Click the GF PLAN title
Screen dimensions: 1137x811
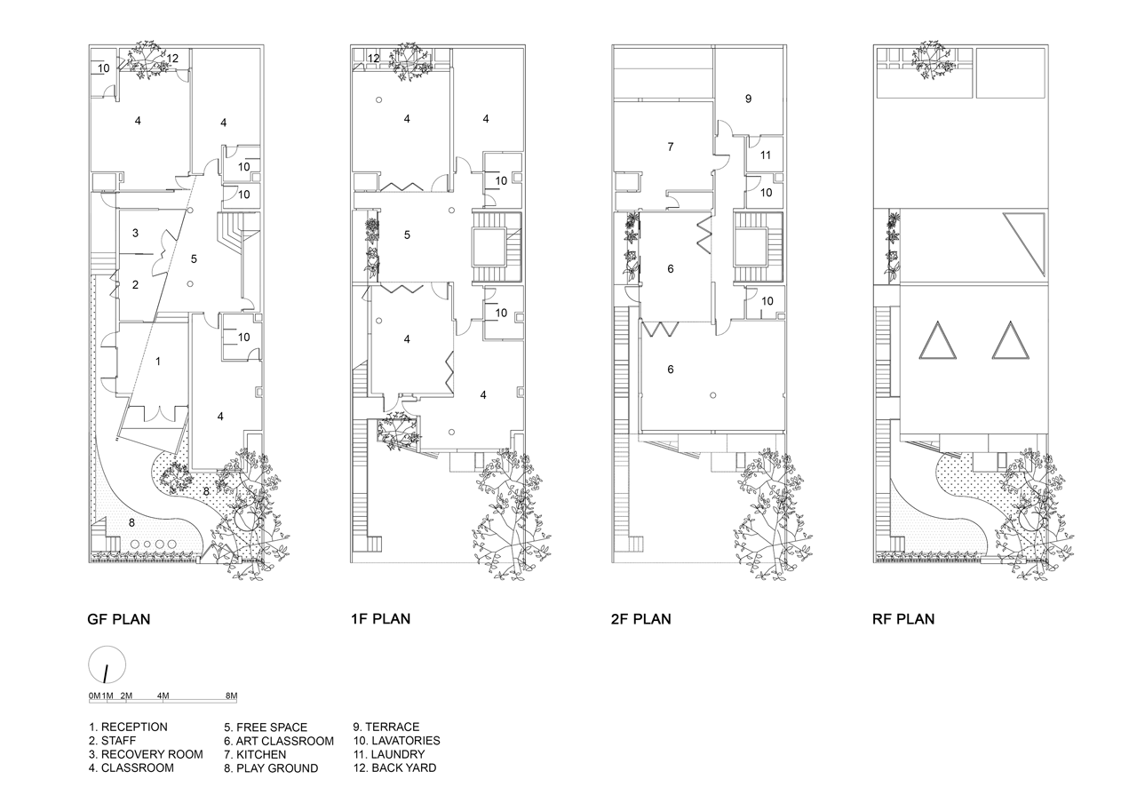pos(119,619)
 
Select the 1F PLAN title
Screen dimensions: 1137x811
pos(380,618)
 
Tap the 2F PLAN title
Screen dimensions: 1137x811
pos(641,618)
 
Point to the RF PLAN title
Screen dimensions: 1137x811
pos(903,618)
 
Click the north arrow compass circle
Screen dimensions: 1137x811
pos(107,664)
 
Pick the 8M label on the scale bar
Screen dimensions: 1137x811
pos(232,696)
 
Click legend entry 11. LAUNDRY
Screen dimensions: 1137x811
pos(389,755)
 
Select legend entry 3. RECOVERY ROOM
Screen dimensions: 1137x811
pos(146,755)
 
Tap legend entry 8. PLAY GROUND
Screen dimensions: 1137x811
pos(271,768)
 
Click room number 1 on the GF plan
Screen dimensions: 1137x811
pos(158,362)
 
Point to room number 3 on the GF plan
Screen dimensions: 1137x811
pos(135,233)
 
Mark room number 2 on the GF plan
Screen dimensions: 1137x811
pos(135,285)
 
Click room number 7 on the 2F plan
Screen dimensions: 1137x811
pos(671,147)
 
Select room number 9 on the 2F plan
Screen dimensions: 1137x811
pos(748,99)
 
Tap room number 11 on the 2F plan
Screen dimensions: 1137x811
pos(766,155)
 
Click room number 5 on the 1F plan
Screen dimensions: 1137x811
pos(407,235)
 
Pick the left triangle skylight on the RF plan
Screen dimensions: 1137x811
pos(937,341)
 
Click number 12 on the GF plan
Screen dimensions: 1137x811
pos(172,59)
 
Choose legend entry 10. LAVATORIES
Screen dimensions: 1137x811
pos(397,741)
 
